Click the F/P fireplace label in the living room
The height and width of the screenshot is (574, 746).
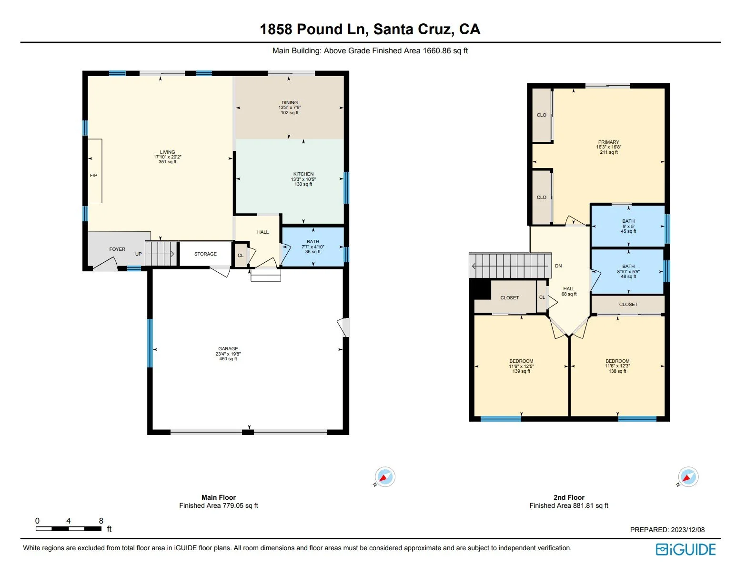point(93,176)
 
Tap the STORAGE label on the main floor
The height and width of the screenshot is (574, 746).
point(205,254)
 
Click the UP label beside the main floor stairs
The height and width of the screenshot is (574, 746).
point(138,254)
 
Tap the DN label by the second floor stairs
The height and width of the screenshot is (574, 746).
point(559,266)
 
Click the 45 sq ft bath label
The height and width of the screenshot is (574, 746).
point(629,226)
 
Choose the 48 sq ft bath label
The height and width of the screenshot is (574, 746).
point(629,271)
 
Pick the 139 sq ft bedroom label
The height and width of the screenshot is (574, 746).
point(521,366)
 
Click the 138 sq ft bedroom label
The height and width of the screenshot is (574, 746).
point(617,366)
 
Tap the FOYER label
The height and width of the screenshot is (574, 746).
point(117,249)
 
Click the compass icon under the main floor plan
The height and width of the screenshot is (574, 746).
point(385,476)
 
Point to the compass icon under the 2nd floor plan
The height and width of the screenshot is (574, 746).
point(688,476)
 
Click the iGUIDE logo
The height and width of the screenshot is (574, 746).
point(686,549)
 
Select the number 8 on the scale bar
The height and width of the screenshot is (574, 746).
point(101,521)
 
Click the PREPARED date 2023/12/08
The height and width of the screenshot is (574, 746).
point(687,530)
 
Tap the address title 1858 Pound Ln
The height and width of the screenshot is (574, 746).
point(314,30)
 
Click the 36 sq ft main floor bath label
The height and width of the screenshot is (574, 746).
point(313,247)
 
